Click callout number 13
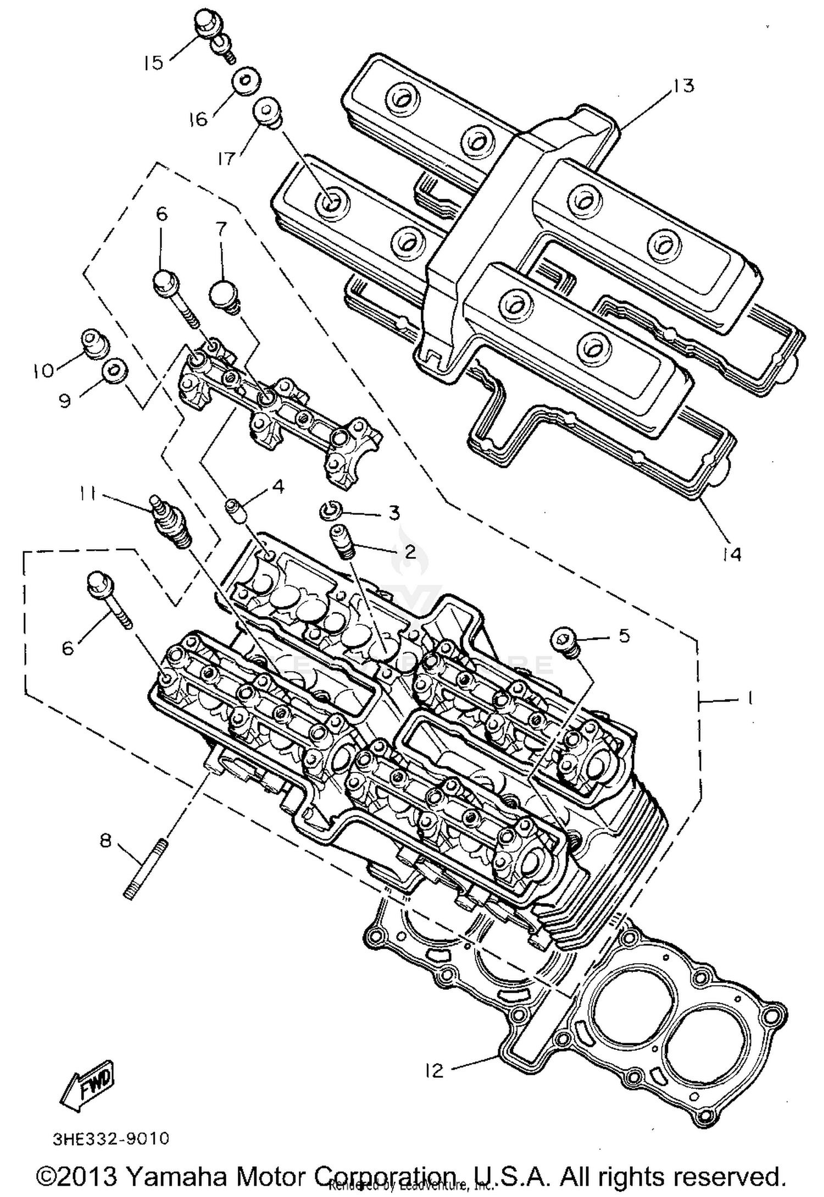[683, 86]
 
